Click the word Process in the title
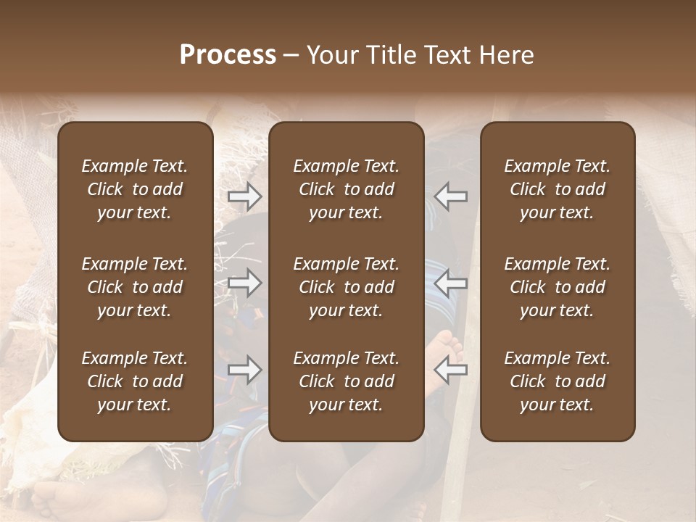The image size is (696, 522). pyautogui.click(x=228, y=55)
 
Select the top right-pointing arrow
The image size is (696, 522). pyautogui.click(x=245, y=196)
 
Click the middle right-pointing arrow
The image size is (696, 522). pyautogui.click(x=245, y=283)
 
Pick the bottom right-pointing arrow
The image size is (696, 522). pyautogui.click(x=245, y=370)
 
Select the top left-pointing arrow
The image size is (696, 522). pyautogui.click(x=450, y=196)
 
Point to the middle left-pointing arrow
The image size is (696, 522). pyautogui.click(x=450, y=283)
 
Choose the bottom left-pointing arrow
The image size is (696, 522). pyautogui.click(x=450, y=370)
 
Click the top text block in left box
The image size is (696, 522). pyautogui.click(x=135, y=189)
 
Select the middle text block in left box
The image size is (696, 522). pyautogui.click(x=135, y=287)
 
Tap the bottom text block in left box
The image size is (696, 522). pyautogui.click(x=135, y=381)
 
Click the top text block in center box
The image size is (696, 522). pyautogui.click(x=346, y=189)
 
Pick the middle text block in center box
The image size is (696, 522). pyautogui.click(x=346, y=287)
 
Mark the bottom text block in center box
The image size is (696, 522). pyautogui.click(x=346, y=381)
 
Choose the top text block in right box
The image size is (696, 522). pyautogui.click(x=557, y=189)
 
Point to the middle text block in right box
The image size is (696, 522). pyautogui.click(x=557, y=287)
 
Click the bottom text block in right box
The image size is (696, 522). pyautogui.click(x=557, y=381)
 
